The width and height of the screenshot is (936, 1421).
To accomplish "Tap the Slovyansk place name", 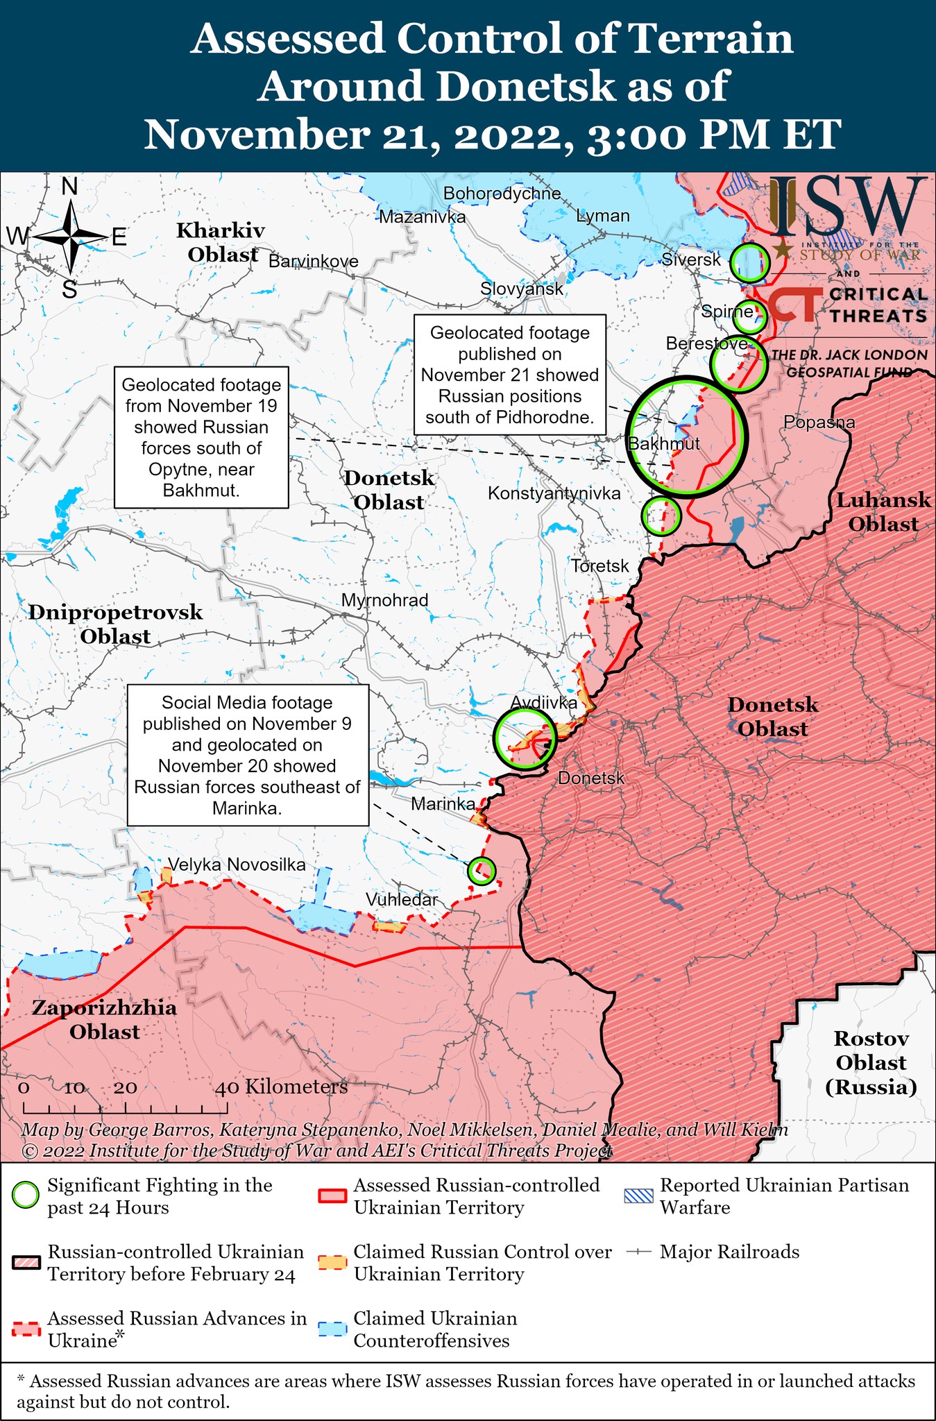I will tap(521, 289).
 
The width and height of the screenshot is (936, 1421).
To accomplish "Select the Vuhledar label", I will tap(401, 899).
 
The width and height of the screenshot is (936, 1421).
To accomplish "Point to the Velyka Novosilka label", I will tap(236, 865).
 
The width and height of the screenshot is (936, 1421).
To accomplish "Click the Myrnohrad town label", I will tap(384, 600).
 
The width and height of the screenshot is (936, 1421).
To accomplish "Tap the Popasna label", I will tap(819, 422).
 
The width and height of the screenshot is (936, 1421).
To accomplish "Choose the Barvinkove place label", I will tap(313, 262).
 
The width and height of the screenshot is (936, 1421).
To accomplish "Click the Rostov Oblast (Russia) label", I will tap(871, 1062).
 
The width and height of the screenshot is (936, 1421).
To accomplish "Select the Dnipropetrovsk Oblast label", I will tap(115, 624).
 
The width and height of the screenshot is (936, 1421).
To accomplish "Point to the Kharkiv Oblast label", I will tap(221, 242).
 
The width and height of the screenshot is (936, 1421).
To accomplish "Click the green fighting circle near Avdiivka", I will tap(525, 738).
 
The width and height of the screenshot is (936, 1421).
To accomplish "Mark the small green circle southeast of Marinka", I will tap(481, 869).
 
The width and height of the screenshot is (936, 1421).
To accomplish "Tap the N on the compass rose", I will tap(69, 187).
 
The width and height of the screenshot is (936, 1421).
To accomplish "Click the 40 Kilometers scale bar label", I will tap(281, 1087).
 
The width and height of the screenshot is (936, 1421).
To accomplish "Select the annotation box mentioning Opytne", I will tap(201, 437).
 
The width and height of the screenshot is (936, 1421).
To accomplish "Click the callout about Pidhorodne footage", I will tap(509, 375).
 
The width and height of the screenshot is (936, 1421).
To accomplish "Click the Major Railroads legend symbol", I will tap(638, 1252).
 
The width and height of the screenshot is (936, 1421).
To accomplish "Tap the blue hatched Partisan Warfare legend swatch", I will tap(638, 1195).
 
